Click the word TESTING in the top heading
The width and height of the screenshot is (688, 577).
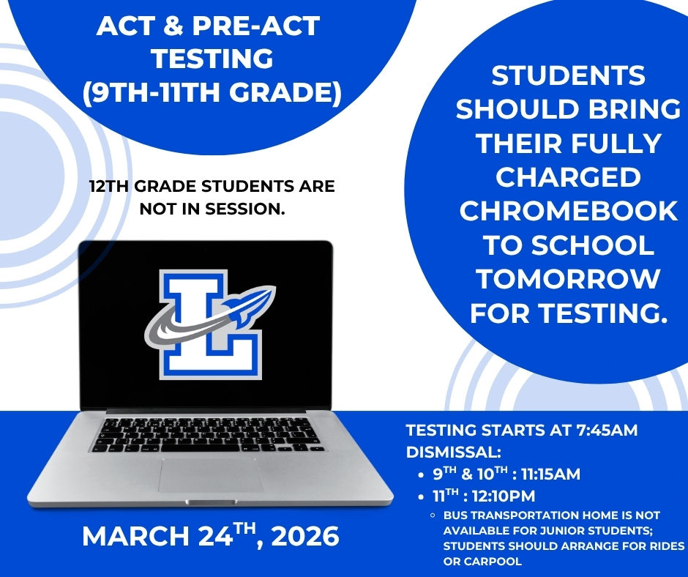tap(213, 59)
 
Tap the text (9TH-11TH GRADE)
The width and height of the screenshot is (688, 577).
tap(212, 92)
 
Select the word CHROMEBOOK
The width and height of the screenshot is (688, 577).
tap(568, 211)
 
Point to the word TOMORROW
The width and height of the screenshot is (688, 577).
tap(568, 279)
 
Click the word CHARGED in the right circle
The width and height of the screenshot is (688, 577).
tap(568, 177)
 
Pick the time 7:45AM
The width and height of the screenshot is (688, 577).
tap(607, 431)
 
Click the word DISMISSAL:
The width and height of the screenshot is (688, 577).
tap(454, 453)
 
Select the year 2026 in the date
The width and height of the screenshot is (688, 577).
tap(305, 536)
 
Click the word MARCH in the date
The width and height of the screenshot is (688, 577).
tap(135, 536)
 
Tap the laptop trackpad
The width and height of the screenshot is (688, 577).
tap(211, 475)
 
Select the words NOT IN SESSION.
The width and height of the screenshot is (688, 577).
tap(212, 209)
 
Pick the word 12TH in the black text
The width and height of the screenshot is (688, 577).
tap(109, 186)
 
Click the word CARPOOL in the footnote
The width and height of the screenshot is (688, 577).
tap(482, 561)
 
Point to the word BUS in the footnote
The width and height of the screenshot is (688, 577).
tap(455, 515)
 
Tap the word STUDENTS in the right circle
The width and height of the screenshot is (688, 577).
tap(568, 75)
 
